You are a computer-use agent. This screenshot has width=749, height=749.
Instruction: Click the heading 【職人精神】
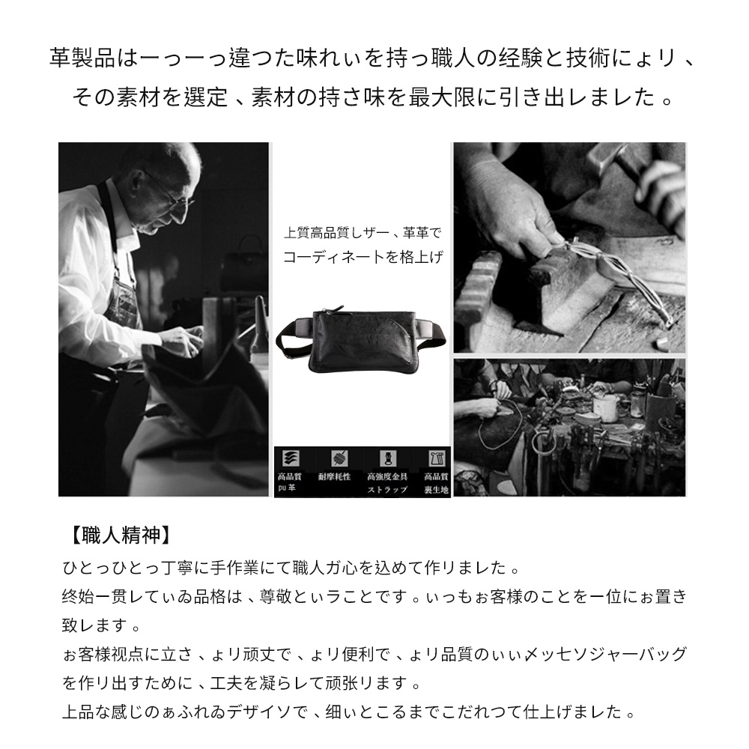coord(118,534)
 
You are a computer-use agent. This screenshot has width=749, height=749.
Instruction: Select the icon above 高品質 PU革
coord(289,458)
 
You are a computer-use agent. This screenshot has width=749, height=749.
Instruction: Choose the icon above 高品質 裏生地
coord(434,458)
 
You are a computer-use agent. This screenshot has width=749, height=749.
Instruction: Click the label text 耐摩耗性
coord(334,476)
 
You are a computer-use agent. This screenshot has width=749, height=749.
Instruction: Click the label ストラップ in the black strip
coord(387,489)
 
